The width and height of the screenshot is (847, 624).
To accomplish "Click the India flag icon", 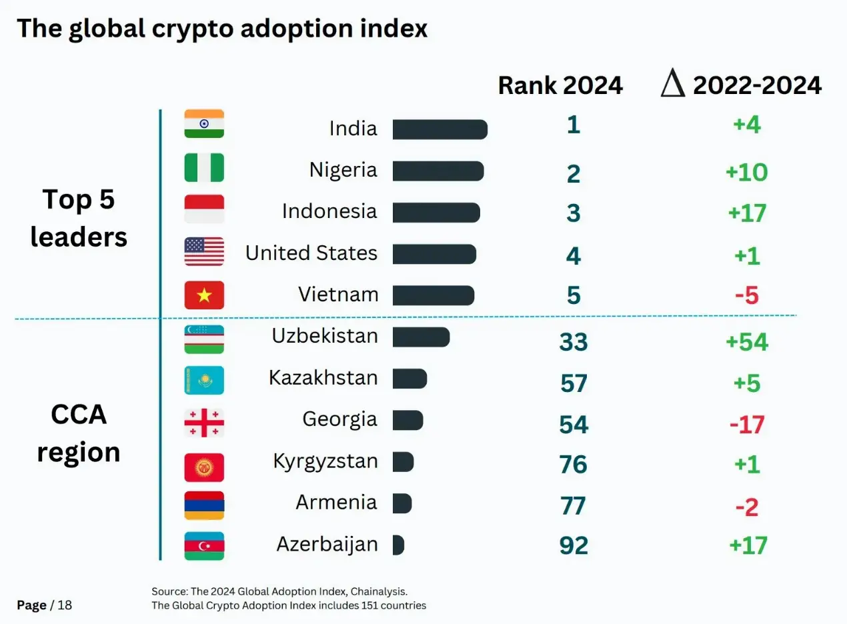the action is point(204,123).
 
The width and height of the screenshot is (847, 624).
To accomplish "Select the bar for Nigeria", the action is point(438,171).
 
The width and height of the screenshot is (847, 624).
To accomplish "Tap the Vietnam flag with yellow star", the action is point(204,295).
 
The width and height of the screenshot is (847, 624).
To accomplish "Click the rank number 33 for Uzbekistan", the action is point(574,342).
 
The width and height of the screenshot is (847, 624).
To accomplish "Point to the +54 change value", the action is point(747,342).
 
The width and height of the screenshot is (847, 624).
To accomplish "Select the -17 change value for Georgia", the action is point(747,425).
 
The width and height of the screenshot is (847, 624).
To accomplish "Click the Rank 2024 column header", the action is point(560,85).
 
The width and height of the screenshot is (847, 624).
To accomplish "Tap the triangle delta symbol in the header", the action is point(673,83).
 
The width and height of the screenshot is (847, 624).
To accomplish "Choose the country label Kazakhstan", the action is point(323,377).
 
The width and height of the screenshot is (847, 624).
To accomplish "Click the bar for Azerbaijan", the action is point(399,545).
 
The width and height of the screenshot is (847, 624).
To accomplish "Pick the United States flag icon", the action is point(204,251).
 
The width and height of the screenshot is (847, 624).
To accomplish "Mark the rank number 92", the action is point(574,545).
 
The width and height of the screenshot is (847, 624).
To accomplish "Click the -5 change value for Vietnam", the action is point(747,295).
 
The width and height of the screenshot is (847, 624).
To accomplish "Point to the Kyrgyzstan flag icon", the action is point(204,467).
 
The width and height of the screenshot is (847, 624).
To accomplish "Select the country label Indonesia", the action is point(329,211).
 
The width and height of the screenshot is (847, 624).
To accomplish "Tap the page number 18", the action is point(65,605).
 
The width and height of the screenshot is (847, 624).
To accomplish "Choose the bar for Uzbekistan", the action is point(421,337).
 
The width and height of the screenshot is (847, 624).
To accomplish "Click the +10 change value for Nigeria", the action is point(747,173).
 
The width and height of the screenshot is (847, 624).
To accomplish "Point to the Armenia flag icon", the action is point(204,505).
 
